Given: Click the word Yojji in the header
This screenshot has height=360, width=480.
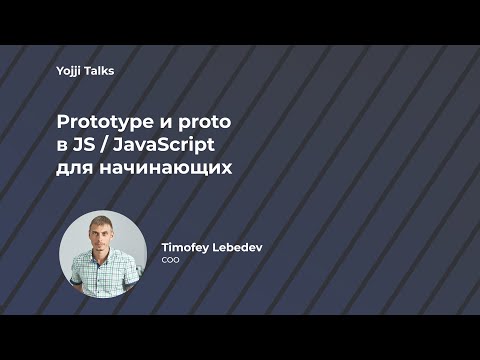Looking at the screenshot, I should tap(72, 72).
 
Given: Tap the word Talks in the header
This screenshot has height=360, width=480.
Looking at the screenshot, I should tap(103, 72).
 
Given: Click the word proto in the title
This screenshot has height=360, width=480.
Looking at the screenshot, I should tap(205, 122).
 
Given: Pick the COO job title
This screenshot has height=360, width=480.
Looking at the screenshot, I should tap(170, 259).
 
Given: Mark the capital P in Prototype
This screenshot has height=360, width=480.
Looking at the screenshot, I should tap(60, 121).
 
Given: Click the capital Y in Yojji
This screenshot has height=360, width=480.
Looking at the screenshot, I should tap(60, 72).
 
